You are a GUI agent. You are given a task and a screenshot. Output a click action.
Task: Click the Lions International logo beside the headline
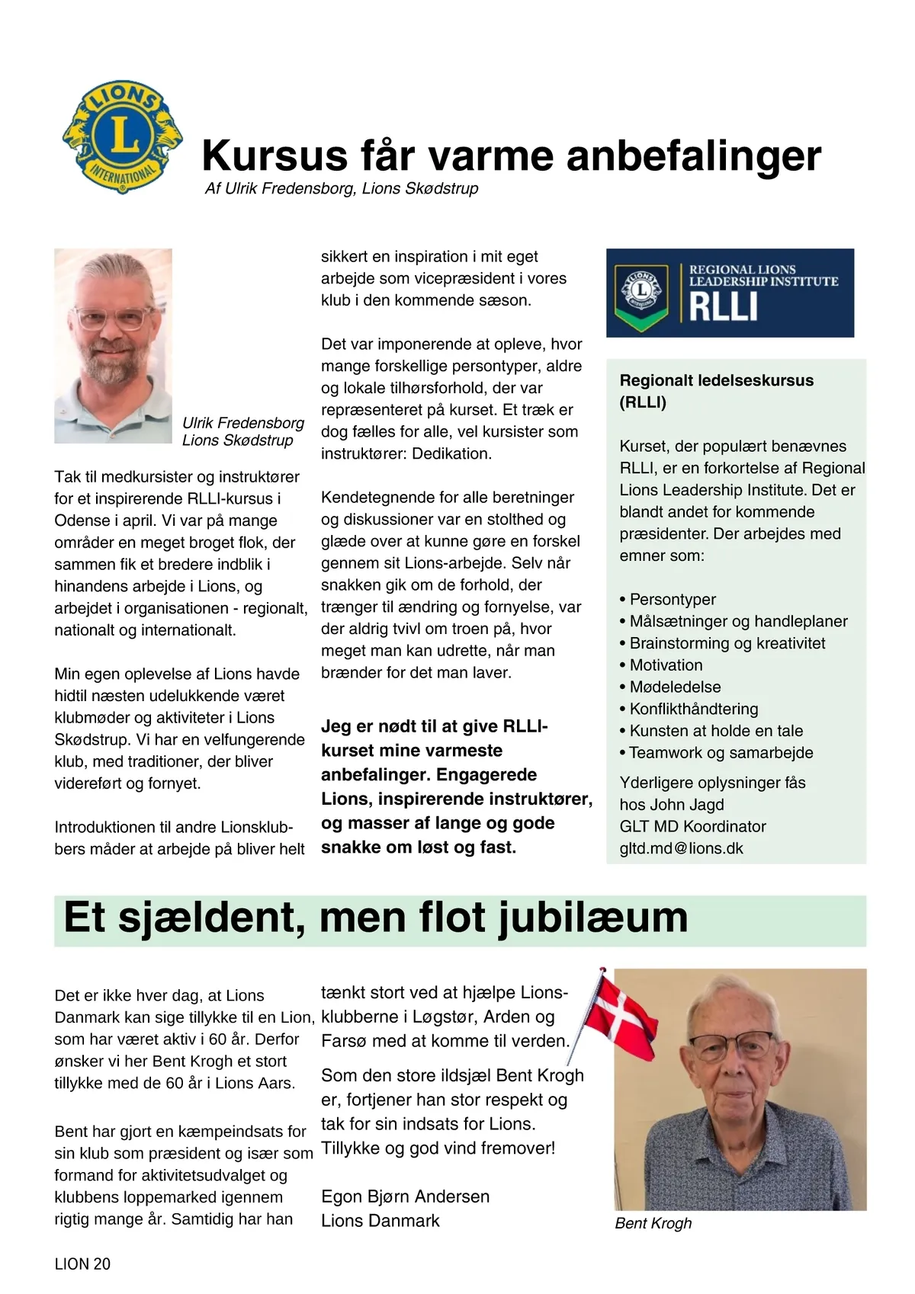click(122, 137)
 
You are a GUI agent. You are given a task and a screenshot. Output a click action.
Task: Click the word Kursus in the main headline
click(274, 156)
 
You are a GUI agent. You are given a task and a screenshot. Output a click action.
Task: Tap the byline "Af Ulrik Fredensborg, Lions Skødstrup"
click(342, 188)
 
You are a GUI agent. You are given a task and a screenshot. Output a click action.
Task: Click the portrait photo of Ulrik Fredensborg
click(113, 345)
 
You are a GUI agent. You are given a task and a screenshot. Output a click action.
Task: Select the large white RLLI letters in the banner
click(723, 307)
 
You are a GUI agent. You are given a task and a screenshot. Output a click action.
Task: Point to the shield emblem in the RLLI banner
click(641, 293)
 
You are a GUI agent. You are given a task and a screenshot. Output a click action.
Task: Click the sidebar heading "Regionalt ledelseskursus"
click(716, 380)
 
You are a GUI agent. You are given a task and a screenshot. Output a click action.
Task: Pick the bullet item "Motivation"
click(666, 665)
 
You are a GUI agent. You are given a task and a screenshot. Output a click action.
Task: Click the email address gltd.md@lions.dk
click(681, 848)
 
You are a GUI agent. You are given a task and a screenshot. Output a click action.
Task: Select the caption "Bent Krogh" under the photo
click(653, 1223)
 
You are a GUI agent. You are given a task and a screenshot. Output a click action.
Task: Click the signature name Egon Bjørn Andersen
click(405, 1196)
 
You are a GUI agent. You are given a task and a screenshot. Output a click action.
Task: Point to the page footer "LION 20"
click(82, 1264)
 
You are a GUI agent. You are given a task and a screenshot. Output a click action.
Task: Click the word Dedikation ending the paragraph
click(451, 453)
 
